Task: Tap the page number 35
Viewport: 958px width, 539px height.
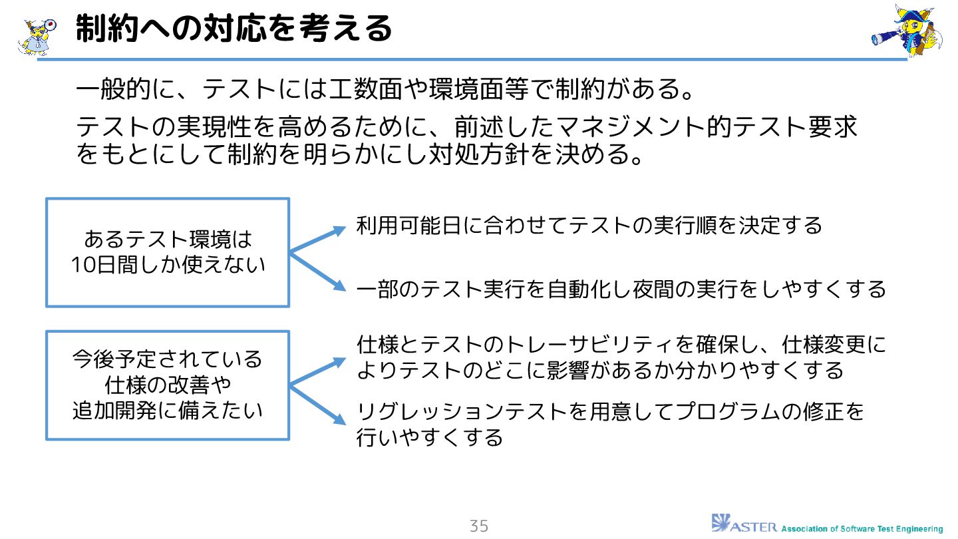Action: (478, 526)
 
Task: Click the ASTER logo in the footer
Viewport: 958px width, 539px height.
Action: (744, 524)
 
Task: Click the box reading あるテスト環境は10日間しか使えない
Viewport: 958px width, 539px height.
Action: (168, 252)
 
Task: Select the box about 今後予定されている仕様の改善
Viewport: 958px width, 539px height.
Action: (168, 385)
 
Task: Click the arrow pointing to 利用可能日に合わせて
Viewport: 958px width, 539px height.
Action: (318, 239)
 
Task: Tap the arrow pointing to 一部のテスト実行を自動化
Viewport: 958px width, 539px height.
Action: (318, 271)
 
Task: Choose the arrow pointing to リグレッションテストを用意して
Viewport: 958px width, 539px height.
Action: (318, 405)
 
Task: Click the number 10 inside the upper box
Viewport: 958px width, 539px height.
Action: (84, 265)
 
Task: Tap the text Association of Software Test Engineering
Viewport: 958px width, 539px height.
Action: (862, 529)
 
